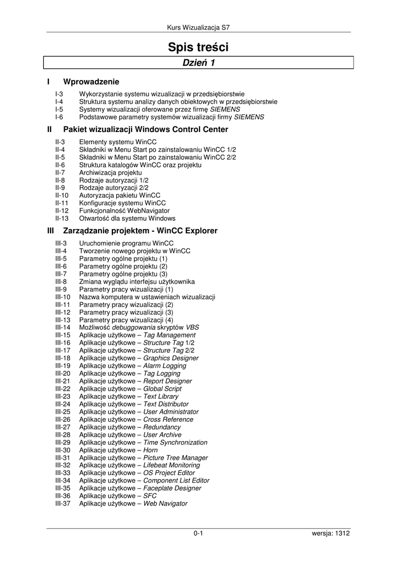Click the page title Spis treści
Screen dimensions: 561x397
[198, 48]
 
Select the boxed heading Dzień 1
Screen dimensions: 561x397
[198, 63]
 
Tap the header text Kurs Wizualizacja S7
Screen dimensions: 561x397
[198, 27]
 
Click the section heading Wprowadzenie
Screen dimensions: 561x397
[91, 82]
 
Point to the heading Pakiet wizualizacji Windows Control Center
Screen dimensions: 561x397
[146, 129]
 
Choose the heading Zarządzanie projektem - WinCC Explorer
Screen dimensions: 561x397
[140, 231]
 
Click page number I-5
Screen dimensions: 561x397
[59, 109]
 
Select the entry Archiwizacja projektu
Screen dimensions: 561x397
[110, 172]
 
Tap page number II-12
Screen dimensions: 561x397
[62, 210]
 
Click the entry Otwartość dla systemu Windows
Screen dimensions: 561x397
[127, 218]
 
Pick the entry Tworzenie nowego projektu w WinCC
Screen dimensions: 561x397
[135, 251]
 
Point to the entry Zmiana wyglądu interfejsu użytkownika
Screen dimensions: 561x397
[137, 282]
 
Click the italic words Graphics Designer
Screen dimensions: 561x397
[171, 358]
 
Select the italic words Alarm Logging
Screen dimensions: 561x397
[165, 366]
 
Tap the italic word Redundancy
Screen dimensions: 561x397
[162, 427]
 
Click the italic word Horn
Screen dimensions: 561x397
[151, 450]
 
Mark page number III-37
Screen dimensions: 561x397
[63, 504]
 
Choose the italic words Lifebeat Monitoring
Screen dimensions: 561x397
[172, 466]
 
